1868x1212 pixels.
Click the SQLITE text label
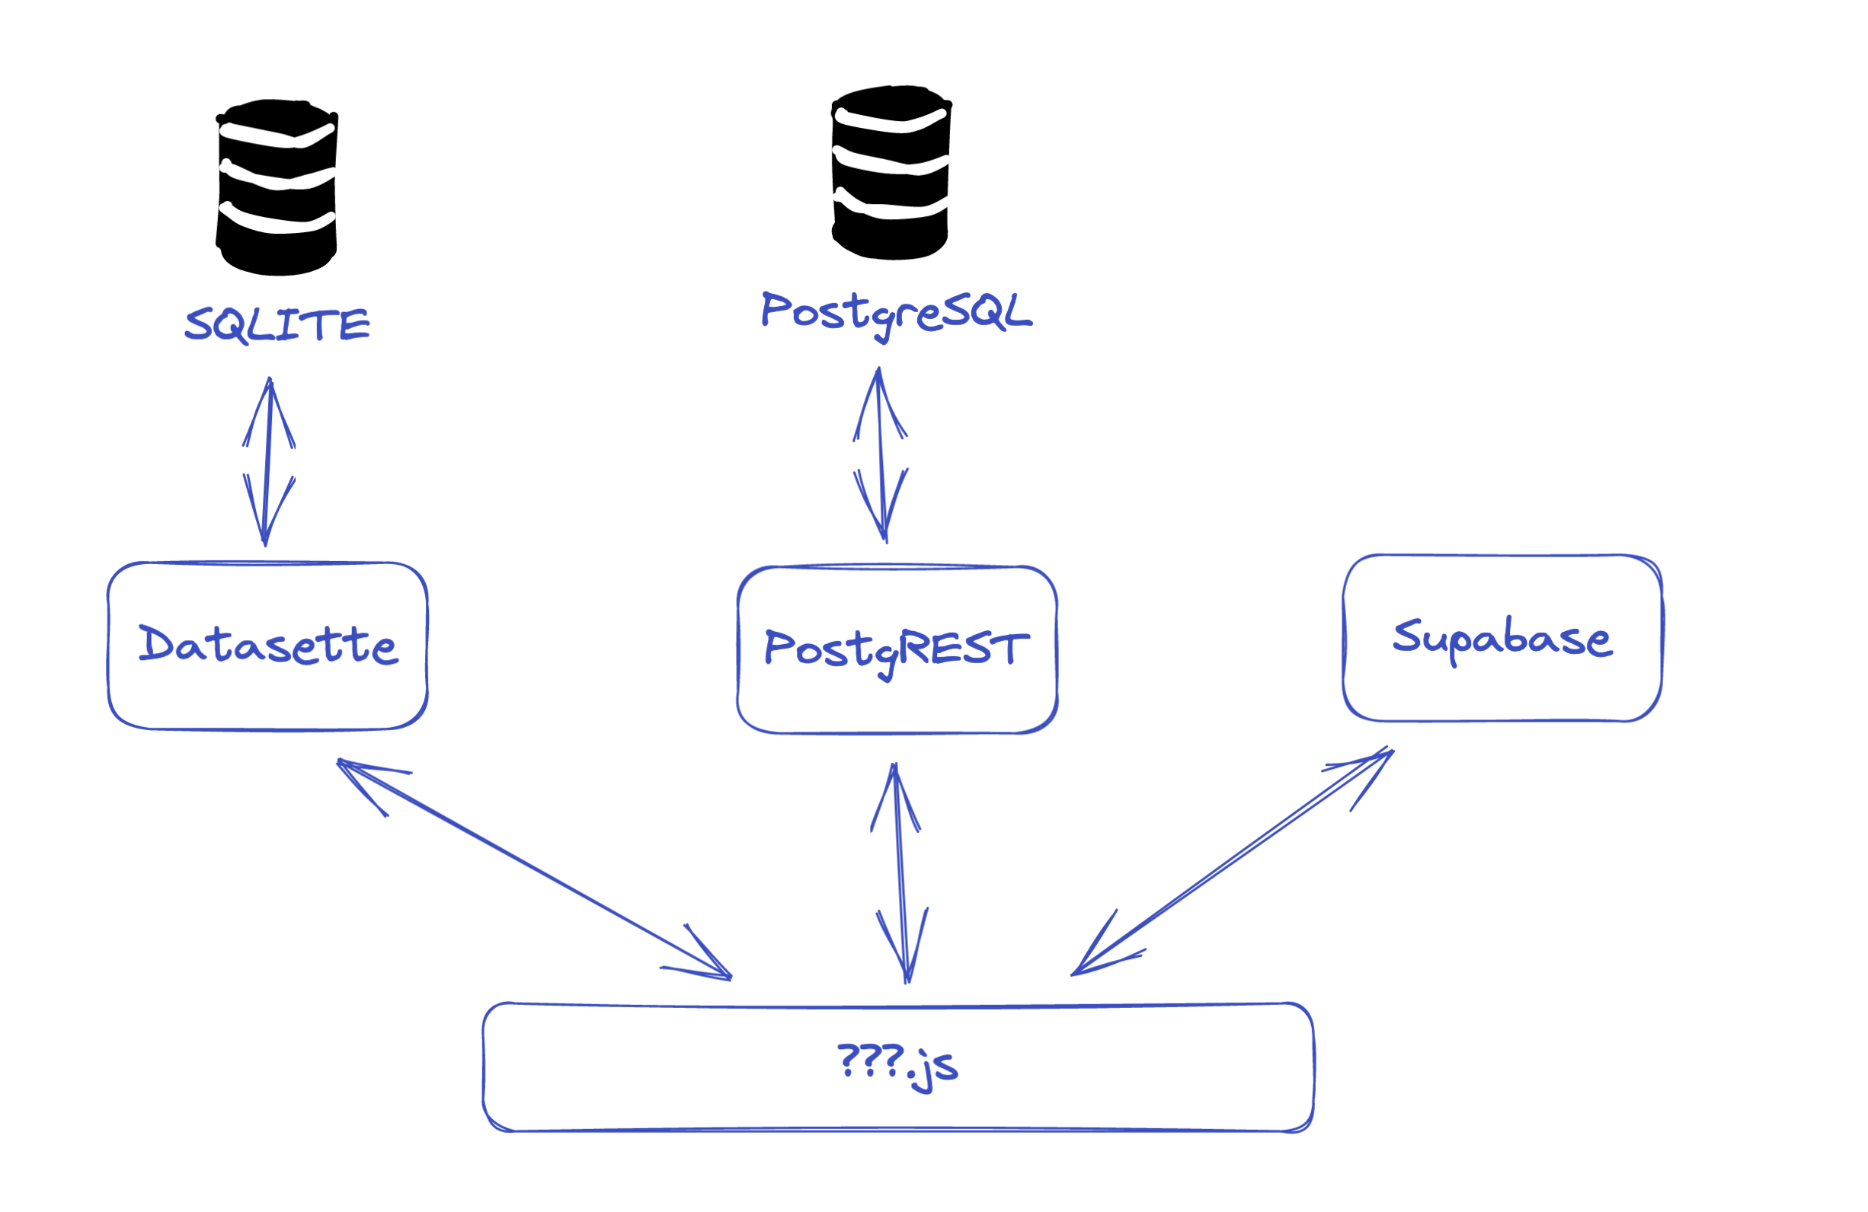pos(277,324)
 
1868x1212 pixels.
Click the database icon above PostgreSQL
pos(891,172)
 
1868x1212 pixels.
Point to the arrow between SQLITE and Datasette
pos(267,463)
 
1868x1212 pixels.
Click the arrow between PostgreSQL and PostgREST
pos(882,455)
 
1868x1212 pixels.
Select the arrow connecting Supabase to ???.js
pos(1232,863)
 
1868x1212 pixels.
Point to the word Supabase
pos(1502,638)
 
